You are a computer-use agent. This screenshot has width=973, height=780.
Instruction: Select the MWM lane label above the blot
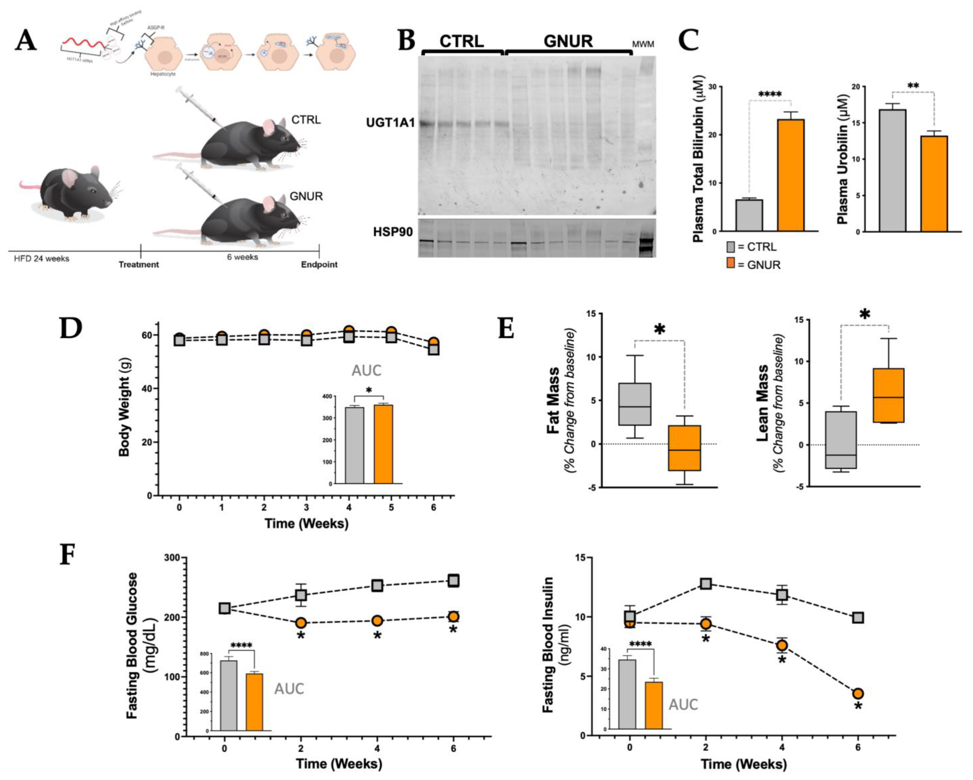pyautogui.click(x=643, y=44)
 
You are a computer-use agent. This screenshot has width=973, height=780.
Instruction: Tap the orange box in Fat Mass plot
pyautogui.click(x=685, y=448)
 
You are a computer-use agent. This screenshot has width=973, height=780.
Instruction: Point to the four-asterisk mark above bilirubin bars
pyautogui.click(x=770, y=95)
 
